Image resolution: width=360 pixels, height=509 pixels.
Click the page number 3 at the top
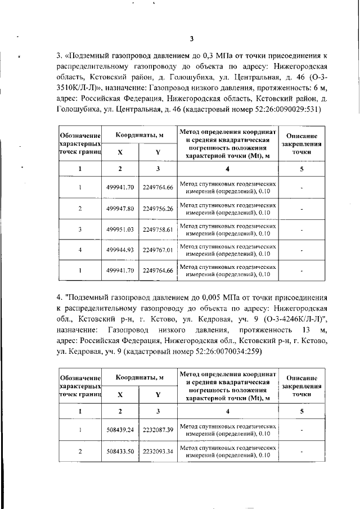pos(191,39)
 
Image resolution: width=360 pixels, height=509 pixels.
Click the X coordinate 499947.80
pos(120,208)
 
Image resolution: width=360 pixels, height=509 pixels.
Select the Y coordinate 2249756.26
pos(157,208)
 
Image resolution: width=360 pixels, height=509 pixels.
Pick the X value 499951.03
pos(120,229)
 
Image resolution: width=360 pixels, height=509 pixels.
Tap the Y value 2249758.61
pos(157,229)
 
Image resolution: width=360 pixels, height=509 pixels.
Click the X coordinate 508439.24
pos(120,430)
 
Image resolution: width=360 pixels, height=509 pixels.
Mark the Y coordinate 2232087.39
pos(157,430)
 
